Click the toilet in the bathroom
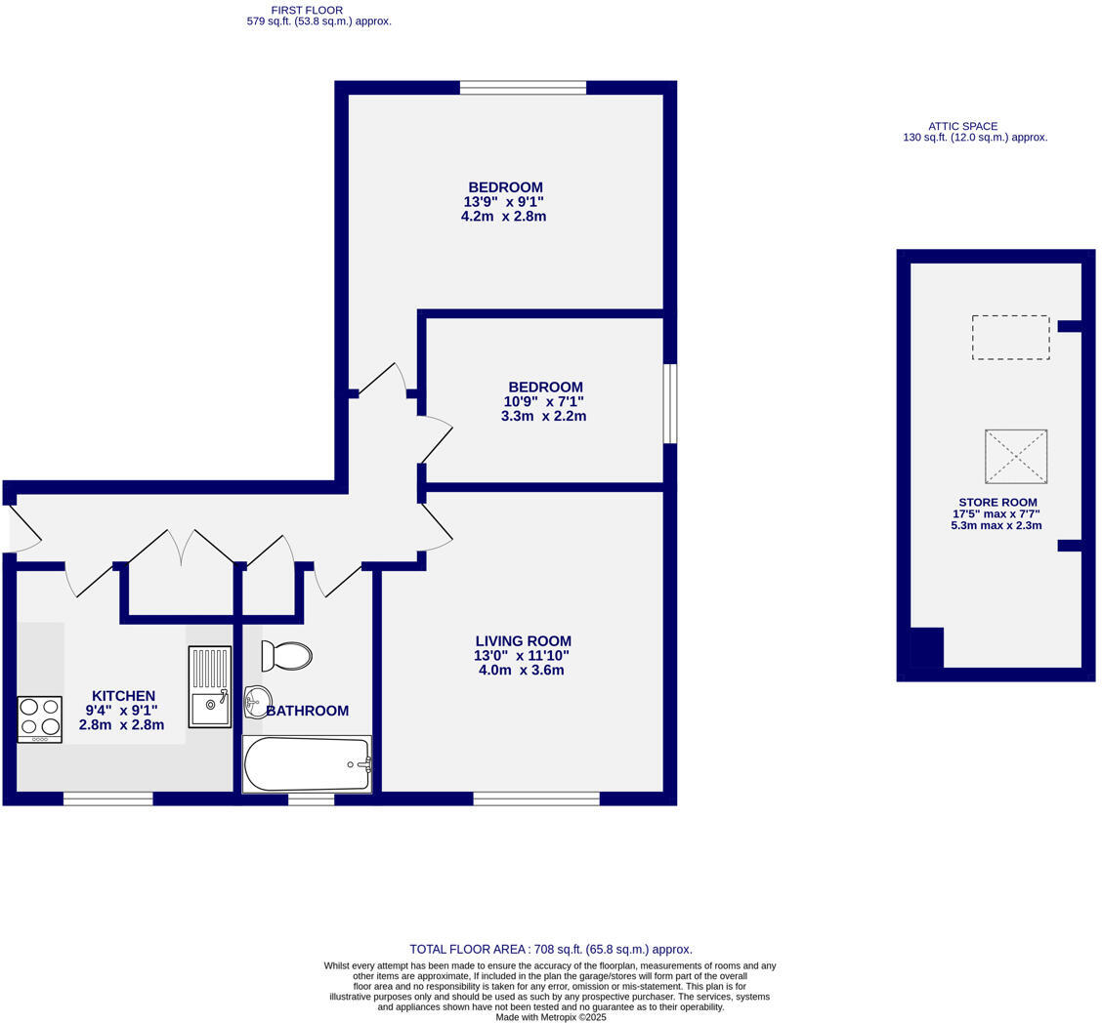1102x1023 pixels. tap(286, 656)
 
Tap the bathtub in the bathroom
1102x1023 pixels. tap(307, 764)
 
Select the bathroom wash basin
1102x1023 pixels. tap(257, 701)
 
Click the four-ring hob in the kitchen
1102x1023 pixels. tap(39, 719)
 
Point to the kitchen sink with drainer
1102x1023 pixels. tap(210, 687)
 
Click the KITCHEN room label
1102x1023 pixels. tap(123, 696)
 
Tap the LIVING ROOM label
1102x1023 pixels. tap(523, 641)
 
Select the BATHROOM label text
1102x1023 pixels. tap(308, 711)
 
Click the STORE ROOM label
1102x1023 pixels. tap(997, 503)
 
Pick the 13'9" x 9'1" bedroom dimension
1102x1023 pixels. tap(503, 202)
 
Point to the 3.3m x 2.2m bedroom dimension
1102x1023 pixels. tap(543, 416)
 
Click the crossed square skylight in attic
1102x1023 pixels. tap(1016, 456)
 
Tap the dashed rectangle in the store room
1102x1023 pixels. tap(1010, 338)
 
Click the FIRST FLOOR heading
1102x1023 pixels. tap(307, 10)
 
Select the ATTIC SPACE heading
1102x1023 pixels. tap(962, 126)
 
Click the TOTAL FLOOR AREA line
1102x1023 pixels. tap(550, 949)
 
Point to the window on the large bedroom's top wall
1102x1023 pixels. tap(523, 88)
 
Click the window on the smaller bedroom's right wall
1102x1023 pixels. tap(670, 403)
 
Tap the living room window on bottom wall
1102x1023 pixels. tap(536, 798)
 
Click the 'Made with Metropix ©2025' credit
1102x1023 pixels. tap(550, 1017)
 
